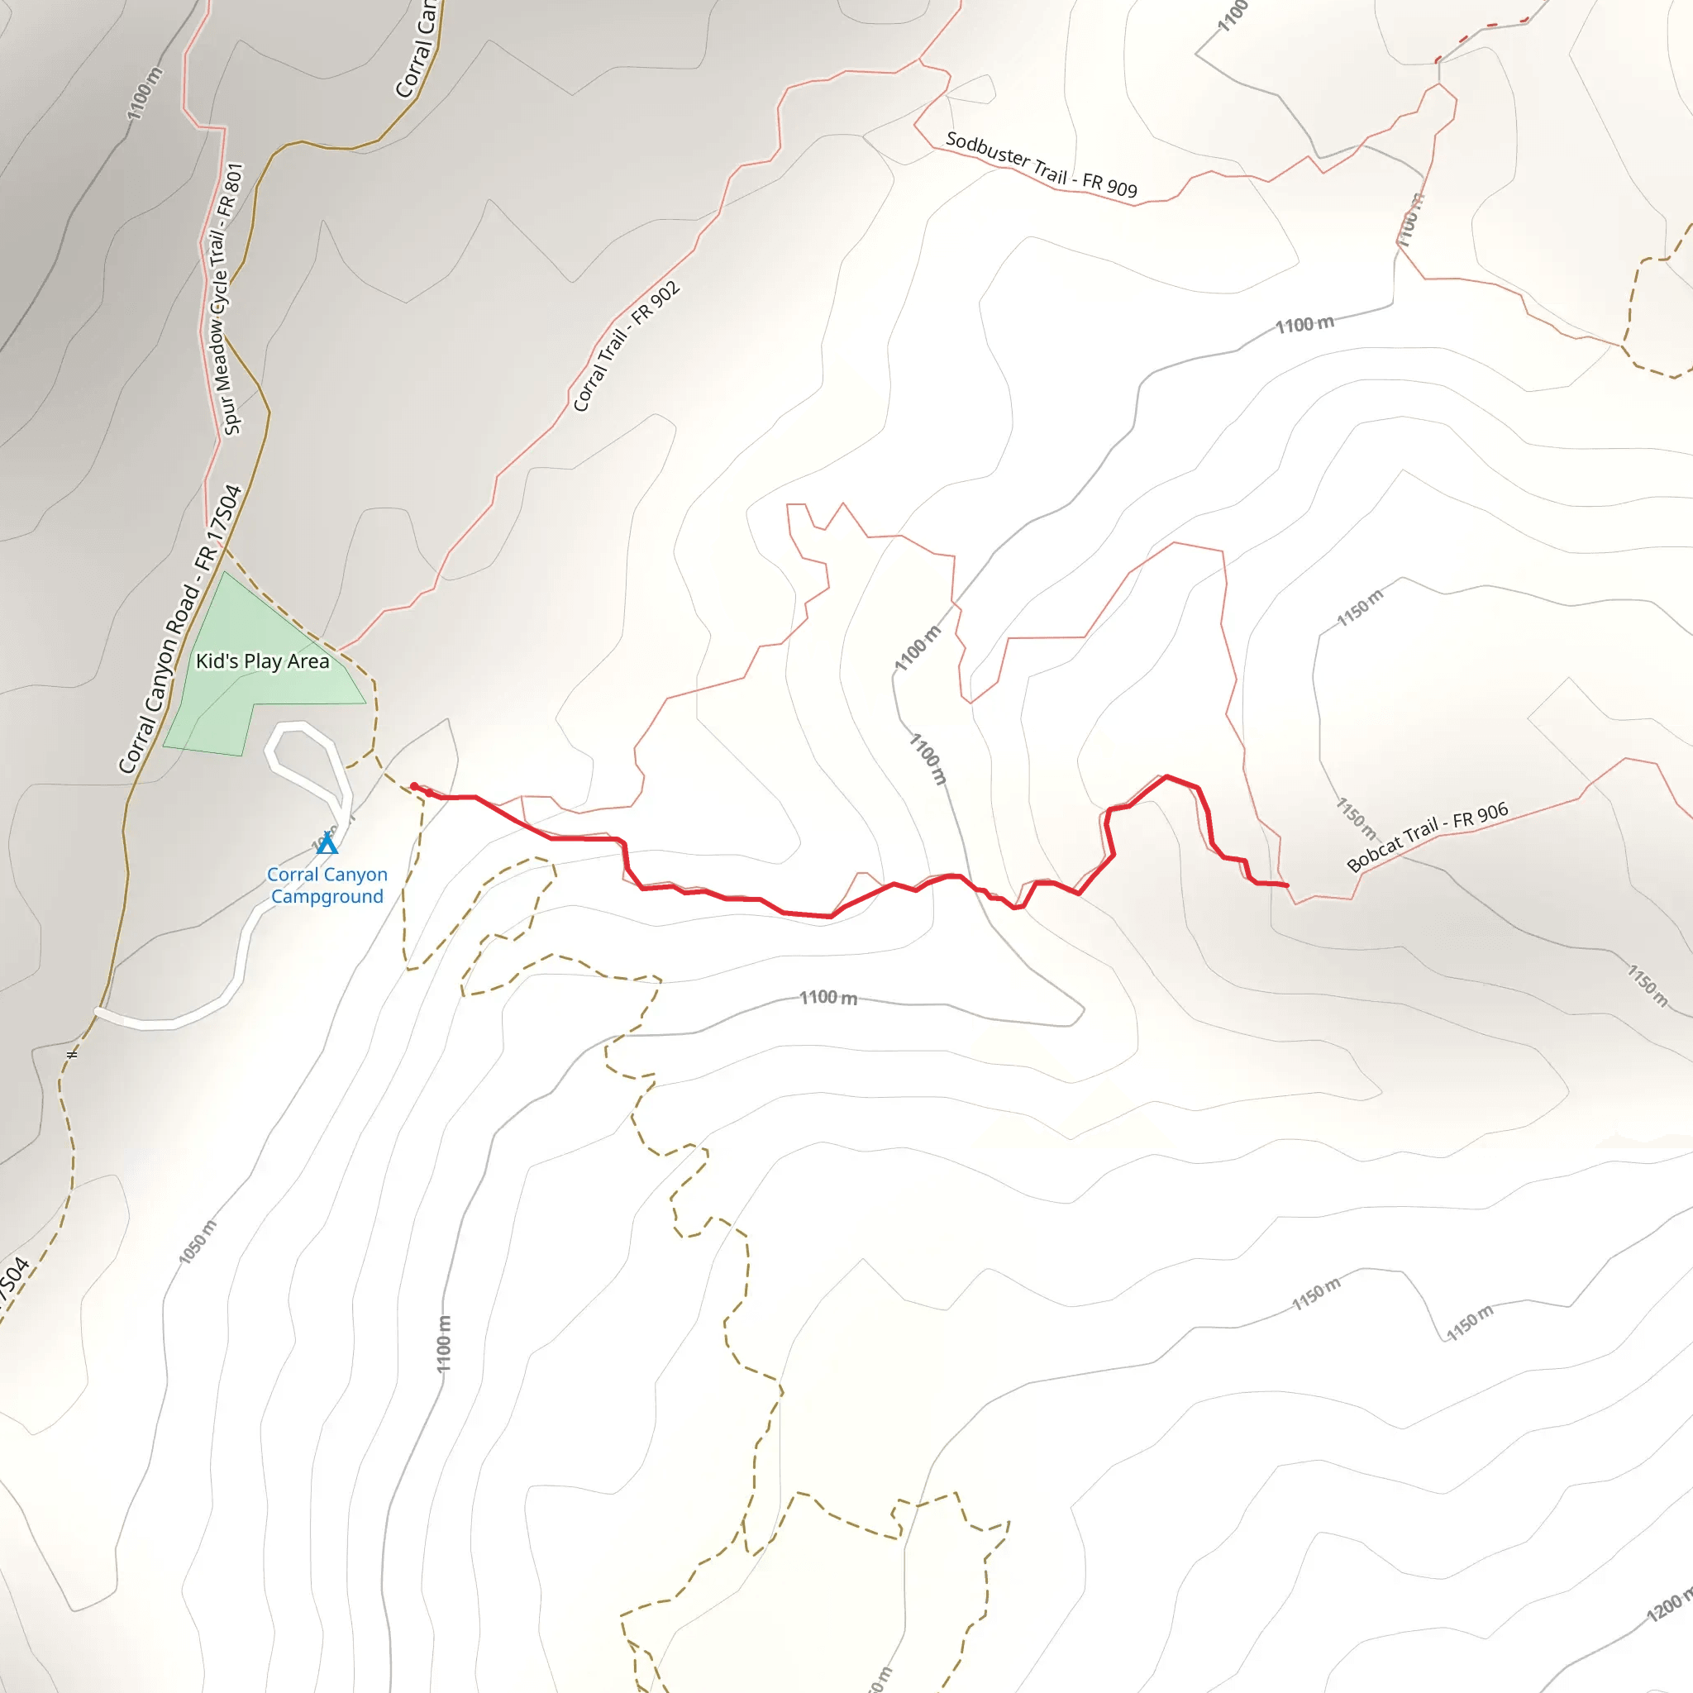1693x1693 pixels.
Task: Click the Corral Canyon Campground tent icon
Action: (327, 843)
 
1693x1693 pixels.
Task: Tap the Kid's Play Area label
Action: (262, 661)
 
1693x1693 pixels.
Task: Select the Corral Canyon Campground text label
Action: (327, 885)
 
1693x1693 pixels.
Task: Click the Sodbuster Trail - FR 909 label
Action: (1041, 165)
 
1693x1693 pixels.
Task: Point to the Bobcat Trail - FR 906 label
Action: (1427, 836)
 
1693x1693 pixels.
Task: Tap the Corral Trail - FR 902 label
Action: (626, 346)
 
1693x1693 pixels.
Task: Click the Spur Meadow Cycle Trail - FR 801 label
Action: (226, 298)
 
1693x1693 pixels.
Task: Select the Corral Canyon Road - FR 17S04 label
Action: (179, 629)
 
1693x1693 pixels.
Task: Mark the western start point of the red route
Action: (414, 786)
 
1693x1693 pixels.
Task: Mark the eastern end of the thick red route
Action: (1286, 885)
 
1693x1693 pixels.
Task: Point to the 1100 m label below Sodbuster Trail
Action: (1304, 325)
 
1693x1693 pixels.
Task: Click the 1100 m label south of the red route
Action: (828, 997)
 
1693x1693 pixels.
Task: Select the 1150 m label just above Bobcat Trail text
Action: (1356, 816)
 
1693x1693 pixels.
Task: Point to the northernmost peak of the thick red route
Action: (1166, 776)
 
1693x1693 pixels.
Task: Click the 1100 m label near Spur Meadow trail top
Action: (145, 93)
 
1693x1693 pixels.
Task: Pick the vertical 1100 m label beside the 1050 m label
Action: (444, 1343)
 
